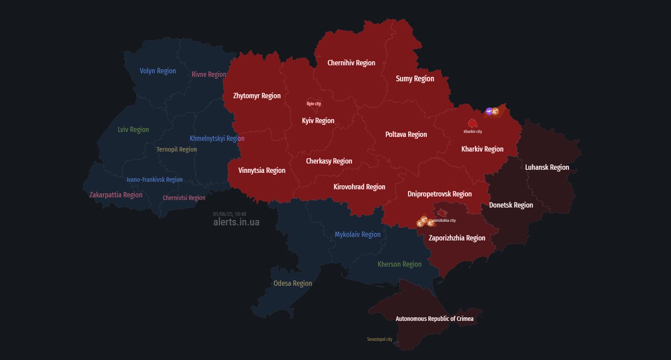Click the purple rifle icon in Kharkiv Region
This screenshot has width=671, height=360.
(489, 111)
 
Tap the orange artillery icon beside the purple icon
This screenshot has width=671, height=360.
(495, 111)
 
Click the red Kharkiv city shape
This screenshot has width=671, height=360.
(472, 123)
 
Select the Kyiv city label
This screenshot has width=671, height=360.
(313, 104)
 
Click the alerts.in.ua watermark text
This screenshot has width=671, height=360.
(236, 222)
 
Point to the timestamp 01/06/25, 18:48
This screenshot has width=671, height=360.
(229, 214)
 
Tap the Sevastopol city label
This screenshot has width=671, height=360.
(379, 339)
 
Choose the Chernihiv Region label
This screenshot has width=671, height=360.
(351, 63)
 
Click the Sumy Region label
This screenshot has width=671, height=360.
(415, 79)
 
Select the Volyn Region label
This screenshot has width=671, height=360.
(157, 71)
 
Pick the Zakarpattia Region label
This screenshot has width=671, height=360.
(116, 195)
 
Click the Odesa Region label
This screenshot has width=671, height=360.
(293, 283)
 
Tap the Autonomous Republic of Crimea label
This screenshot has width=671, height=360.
(434, 319)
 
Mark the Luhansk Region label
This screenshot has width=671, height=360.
(547, 167)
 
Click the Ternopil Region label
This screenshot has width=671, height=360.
(177, 149)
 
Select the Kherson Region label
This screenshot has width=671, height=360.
(399, 264)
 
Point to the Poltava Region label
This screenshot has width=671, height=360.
(406, 134)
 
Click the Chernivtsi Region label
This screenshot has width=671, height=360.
(184, 198)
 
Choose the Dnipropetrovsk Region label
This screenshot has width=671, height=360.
(439, 194)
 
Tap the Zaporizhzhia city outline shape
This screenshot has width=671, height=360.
(442, 213)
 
